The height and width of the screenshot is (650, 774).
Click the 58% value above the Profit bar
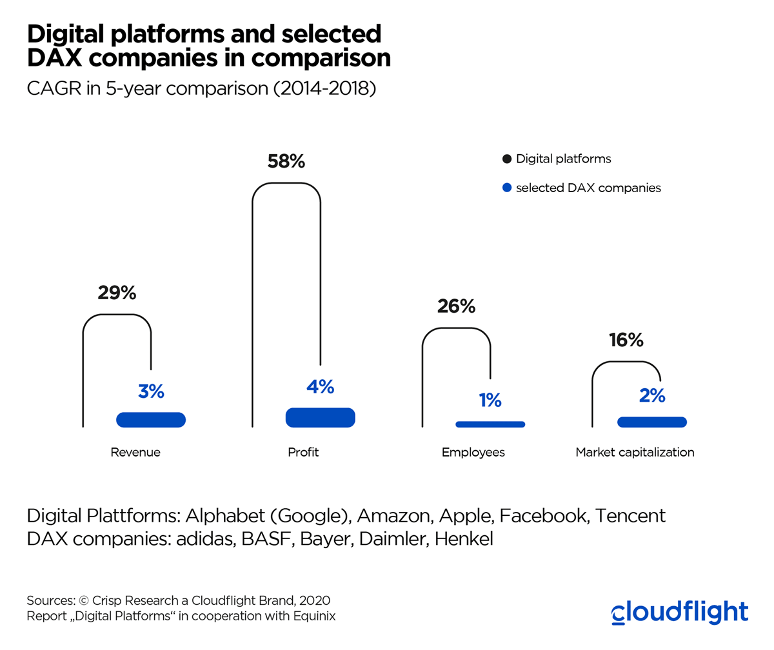(286, 161)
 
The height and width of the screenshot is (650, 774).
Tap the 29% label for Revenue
(117, 293)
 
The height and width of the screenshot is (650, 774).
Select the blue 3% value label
(151, 391)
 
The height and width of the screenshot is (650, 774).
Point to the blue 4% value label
(320, 387)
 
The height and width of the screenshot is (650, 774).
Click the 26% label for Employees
(456, 306)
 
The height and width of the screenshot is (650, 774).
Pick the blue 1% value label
(490, 400)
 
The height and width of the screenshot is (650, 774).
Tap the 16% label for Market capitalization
(626, 340)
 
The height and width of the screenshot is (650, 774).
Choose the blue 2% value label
(652, 396)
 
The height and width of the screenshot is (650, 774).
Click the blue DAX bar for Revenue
(151, 420)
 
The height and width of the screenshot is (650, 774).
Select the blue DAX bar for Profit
(320, 417)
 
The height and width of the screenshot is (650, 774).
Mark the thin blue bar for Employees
(490, 424)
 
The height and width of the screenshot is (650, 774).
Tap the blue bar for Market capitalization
(651, 422)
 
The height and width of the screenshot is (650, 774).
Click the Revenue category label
(135, 453)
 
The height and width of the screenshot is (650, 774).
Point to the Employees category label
(473, 453)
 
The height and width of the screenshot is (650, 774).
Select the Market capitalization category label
(635, 453)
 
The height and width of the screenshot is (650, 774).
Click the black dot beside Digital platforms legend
(506, 159)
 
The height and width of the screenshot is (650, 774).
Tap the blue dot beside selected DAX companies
(506, 188)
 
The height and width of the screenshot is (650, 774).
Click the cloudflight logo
(679, 612)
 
